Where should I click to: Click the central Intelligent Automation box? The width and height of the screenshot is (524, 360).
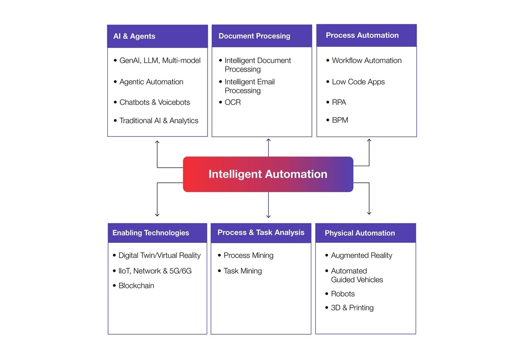pos(268,174)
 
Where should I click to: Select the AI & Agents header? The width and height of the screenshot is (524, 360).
pos(134,36)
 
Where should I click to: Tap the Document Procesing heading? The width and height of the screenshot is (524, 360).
pos(254,36)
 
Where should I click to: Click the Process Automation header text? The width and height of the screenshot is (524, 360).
pos(362,35)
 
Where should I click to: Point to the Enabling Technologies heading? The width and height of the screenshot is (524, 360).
pos(151,233)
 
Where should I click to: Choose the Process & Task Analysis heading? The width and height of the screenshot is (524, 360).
pos(260,232)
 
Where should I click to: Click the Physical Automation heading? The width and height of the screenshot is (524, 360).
pos(360,233)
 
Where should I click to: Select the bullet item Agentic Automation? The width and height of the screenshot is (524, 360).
pos(151,82)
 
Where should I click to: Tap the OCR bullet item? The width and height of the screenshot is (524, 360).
pos(232,102)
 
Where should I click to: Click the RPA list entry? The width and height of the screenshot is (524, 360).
pos(339,102)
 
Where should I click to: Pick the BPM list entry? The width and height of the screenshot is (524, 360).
pos(340,120)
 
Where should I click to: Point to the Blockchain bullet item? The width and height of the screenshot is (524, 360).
pos(136,286)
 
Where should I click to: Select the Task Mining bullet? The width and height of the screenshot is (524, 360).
pos(242,271)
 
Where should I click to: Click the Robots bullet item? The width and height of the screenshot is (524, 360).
pos(343,294)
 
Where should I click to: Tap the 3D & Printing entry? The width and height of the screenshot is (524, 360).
pos(352,308)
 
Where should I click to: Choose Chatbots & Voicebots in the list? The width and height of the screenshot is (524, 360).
pos(154,102)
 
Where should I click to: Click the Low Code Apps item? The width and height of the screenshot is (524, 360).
pos(358,82)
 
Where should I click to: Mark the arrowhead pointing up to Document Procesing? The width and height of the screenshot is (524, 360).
pos(268,141)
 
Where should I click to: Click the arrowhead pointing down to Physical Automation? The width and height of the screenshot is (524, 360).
pos(369,213)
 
